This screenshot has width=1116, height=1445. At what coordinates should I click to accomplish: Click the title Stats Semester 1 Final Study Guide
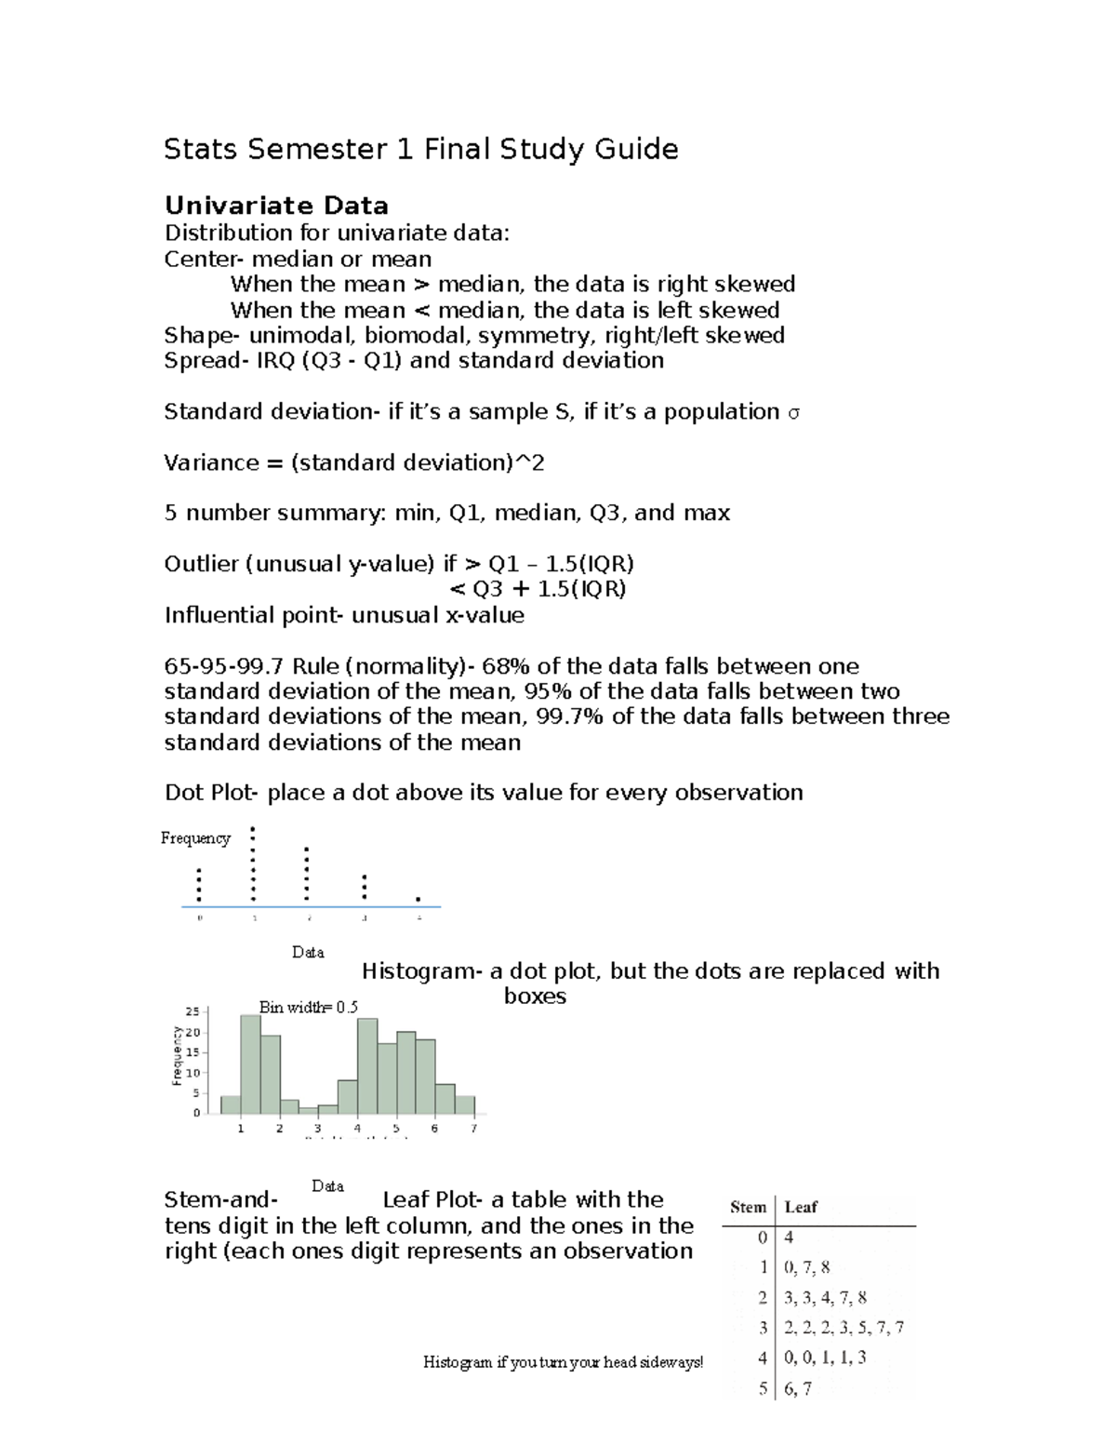click(x=420, y=149)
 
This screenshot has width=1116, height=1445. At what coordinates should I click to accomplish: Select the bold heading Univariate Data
click(x=276, y=206)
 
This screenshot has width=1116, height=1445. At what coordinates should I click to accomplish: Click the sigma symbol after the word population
click(x=793, y=413)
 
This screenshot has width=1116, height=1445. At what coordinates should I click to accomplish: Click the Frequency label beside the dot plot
click(x=195, y=838)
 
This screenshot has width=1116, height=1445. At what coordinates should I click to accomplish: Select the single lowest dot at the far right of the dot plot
click(x=418, y=900)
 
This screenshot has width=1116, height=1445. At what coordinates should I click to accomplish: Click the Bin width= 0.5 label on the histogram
click(x=308, y=1007)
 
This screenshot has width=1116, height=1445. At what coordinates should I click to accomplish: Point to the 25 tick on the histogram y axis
click(x=193, y=1012)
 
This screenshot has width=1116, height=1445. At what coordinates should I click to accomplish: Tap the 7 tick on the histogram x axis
click(x=474, y=1129)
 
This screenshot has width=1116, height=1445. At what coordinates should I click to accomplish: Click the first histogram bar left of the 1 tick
click(x=230, y=1104)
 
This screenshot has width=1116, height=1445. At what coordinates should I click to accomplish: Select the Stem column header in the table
click(x=748, y=1208)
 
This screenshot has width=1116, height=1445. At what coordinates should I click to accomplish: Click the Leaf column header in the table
click(x=801, y=1208)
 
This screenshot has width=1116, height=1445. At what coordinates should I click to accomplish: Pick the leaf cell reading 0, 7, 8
click(x=807, y=1267)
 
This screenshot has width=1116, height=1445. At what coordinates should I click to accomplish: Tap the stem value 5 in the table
click(x=763, y=1389)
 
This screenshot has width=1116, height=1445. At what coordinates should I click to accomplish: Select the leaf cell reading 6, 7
click(x=798, y=1389)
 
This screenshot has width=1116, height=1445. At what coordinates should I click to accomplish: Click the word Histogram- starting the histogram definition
click(x=421, y=971)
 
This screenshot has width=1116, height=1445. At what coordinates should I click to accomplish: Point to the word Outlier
click(x=201, y=564)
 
